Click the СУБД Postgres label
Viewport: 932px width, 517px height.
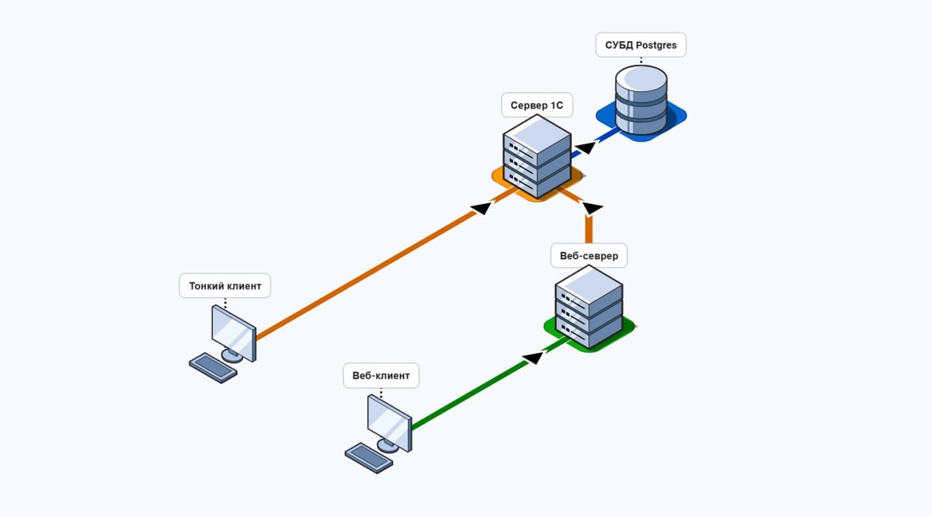[x=641, y=45]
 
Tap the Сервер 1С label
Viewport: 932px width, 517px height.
[x=536, y=105]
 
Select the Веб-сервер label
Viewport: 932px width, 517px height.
[x=588, y=255]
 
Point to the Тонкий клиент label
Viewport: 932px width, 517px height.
[x=225, y=286]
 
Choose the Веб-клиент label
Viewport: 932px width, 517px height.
[x=381, y=376]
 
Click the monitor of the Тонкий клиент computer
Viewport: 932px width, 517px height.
[x=234, y=331]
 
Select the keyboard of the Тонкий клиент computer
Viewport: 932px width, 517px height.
[x=213, y=367]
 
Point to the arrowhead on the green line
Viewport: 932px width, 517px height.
[x=534, y=357]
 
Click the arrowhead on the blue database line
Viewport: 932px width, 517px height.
[x=585, y=147]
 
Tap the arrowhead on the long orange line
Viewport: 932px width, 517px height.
[x=482, y=207]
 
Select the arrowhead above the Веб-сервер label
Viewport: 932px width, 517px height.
[x=592, y=208]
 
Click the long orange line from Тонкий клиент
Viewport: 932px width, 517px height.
[x=365, y=276]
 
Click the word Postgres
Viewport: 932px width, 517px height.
[x=656, y=45]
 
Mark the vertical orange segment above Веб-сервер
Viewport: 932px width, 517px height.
[x=589, y=230]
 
